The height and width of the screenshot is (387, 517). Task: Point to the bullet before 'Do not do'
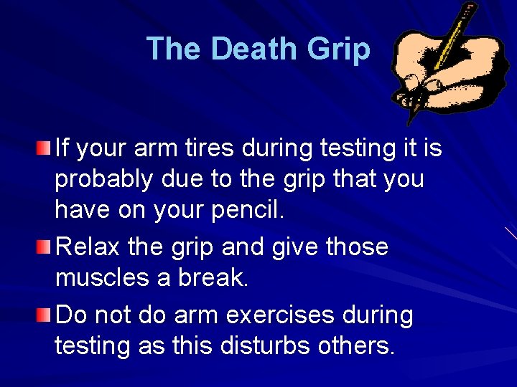[45, 314]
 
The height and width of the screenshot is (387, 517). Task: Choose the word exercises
[299, 314]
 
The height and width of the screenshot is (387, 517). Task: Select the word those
[357, 247]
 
